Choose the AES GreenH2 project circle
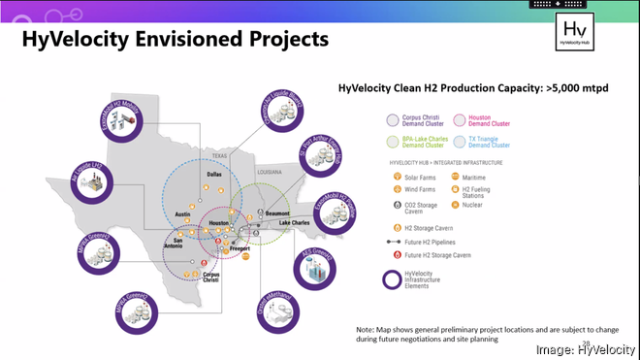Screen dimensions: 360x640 [314, 271]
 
